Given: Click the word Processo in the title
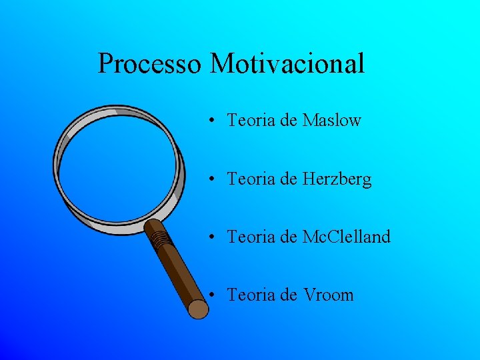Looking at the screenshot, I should tap(149, 64).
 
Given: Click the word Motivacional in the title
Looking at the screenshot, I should tap(287, 64).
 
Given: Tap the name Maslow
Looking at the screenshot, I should tap(331, 121).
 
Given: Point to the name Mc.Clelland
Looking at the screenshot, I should tap(346, 237).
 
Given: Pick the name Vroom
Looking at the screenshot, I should tap(328, 295).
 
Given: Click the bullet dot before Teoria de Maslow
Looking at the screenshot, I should tap(210, 121).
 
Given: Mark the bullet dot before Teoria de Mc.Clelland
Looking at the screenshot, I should tap(210, 237).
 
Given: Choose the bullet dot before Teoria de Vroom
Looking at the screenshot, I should tap(210, 295).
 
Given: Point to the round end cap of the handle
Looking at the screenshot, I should tap(198, 309).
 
